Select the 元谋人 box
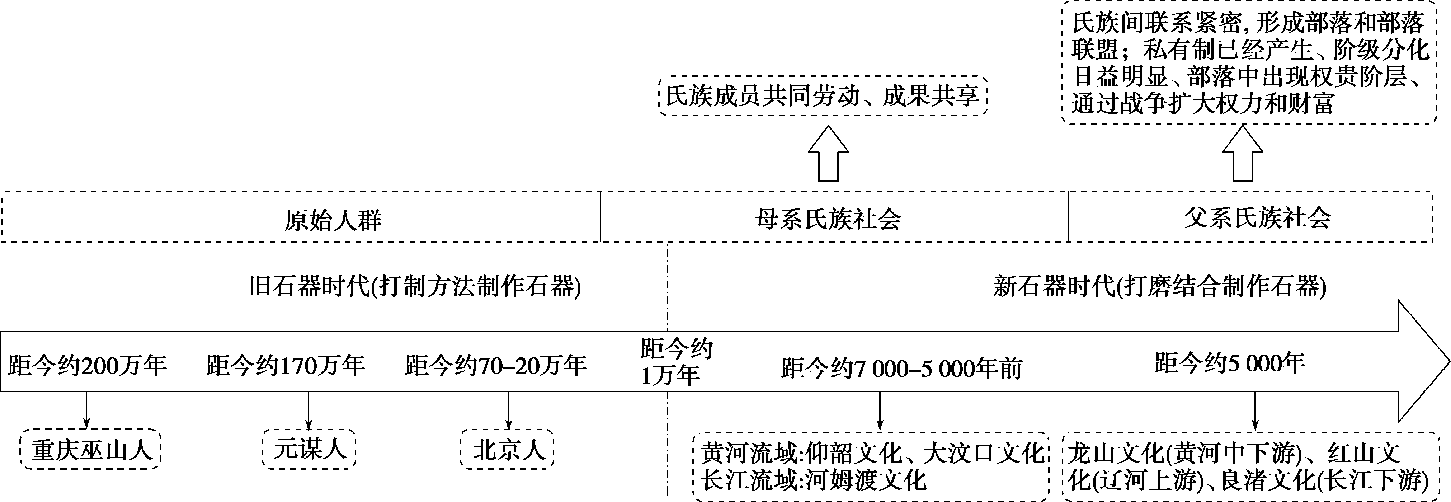pyautogui.click(x=309, y=449)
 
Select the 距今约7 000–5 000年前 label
pyautogui.click(x=901, y=369)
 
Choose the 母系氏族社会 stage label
pyautogui.click(x=828, y=219)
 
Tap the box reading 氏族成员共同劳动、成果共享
pyautogui.click(x=823, y=96)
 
